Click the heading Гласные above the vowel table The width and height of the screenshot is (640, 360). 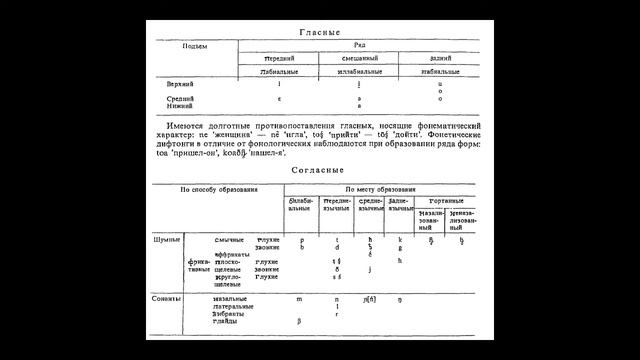pos(319,32)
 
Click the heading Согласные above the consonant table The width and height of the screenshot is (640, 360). pos(319,170)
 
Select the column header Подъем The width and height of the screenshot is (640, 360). pos(194,46)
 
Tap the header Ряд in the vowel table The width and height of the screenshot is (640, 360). pos(366,46)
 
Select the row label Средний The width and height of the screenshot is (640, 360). pos(181,99)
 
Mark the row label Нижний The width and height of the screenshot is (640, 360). pos(181,106)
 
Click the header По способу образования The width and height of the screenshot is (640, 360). pos(218,188)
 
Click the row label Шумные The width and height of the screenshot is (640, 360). pos(167,240)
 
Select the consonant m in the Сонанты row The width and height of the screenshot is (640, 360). pos(300,298)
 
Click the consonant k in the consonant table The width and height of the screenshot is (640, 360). pos(400,240)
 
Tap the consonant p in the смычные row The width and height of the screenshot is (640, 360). pos(301,240)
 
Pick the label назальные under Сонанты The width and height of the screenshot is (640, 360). pos(231,298)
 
